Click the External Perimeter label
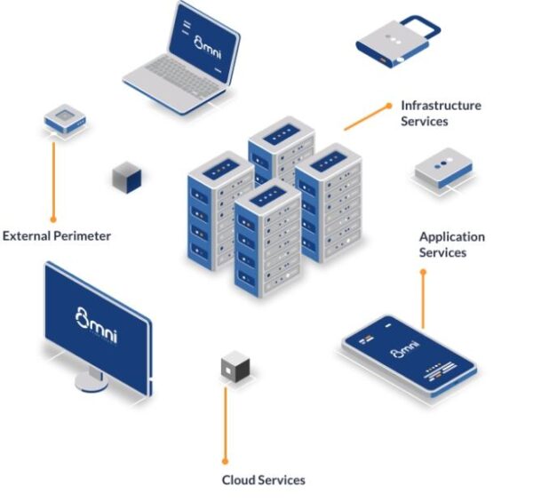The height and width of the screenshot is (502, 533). click(57, 236)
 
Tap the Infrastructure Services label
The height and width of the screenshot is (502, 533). click(441, 113)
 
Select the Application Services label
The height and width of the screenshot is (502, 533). click(452, 244)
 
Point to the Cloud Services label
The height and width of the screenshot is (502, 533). click(263, 480)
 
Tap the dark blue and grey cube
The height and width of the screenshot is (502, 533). click(127, 178)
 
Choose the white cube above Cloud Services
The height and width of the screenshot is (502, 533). click(235, 365)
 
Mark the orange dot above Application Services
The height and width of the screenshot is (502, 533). click(423, 272)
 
